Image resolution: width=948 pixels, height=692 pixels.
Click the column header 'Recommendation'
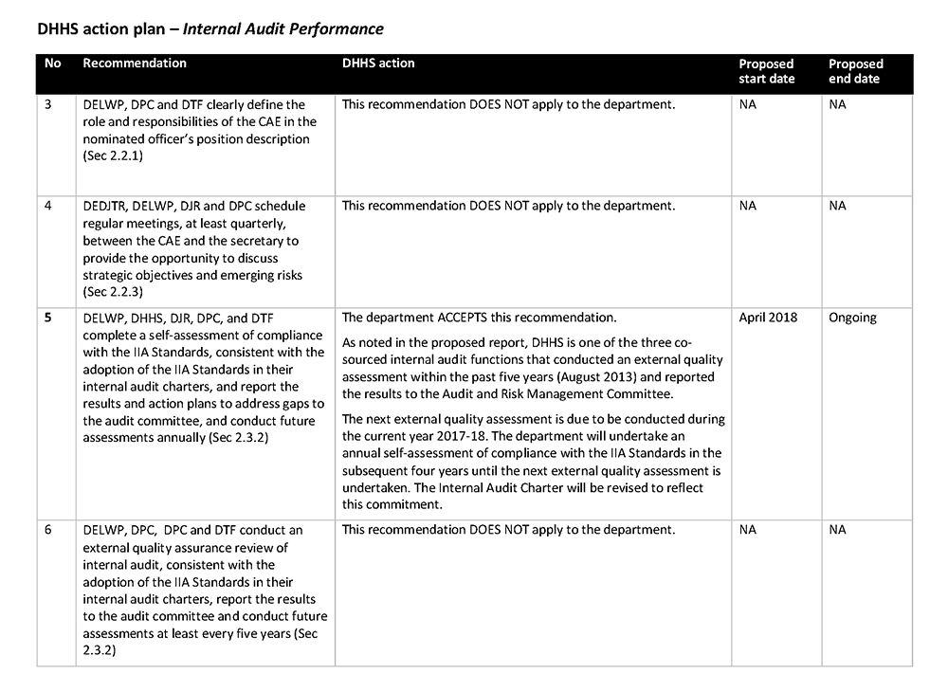(x=135, y=64)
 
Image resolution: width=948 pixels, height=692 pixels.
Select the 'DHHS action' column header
(x=378, y=64)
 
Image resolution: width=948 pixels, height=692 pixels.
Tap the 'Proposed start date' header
(x=767, y=71)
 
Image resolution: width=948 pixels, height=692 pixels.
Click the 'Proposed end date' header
(x=855, y=71)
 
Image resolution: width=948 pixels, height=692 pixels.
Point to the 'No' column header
(x=53, y=64)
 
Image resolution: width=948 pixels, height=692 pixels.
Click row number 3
(x=48, y=104)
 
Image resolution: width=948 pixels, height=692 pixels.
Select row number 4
(x=48, y=206)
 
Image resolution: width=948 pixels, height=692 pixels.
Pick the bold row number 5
(x=48, y=318)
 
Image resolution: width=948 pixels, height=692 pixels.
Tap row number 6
(x=48, y=530)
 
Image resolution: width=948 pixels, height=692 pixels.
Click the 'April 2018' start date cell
(x=768, y=318)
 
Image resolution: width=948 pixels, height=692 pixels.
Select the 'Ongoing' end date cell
(x=853, y=318)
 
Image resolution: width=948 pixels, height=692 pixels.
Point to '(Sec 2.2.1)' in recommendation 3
(x=113, y=155)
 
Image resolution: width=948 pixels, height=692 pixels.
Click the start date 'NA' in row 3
(x=748, y=104)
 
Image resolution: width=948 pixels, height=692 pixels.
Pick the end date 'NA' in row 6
(x=837, y=530)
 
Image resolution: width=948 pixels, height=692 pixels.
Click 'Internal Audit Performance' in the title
(x=283, y=28)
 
